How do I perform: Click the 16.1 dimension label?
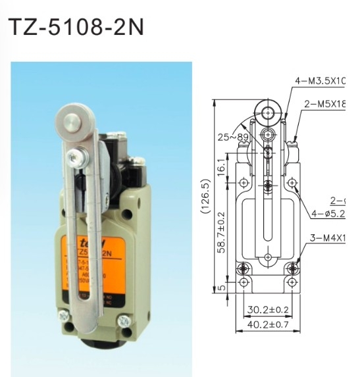click(222, 168)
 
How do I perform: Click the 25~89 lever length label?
click(232, 138)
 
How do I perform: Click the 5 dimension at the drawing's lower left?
click(222, 286)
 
